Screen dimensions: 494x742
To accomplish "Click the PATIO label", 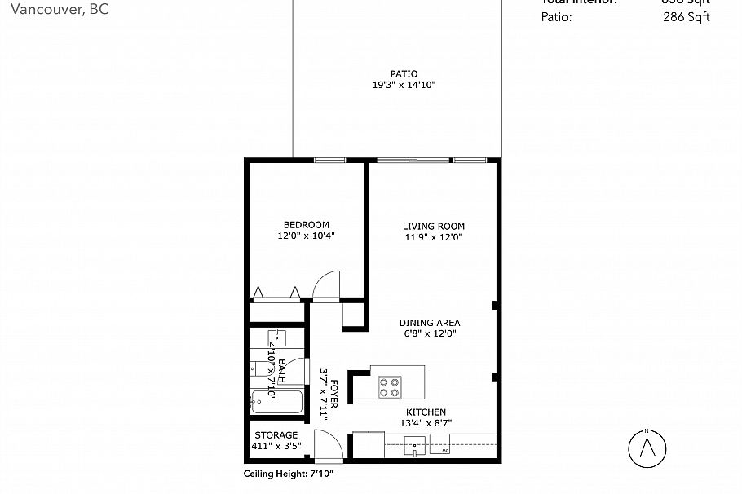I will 404,73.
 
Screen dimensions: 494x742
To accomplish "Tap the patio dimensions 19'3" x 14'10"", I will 404,85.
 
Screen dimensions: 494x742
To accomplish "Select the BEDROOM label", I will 306,225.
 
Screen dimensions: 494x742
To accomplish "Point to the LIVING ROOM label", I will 433,227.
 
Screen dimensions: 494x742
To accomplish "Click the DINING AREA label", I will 430,323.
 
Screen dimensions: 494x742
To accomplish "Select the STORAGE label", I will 276,435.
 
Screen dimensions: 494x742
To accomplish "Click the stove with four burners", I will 389,386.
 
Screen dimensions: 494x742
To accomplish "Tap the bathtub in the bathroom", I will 276,402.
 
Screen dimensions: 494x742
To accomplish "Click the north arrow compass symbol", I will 647,448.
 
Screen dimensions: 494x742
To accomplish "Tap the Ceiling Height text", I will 289,474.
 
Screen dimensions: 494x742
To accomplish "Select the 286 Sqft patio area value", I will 687,16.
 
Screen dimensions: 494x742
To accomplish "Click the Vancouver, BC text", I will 54,10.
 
